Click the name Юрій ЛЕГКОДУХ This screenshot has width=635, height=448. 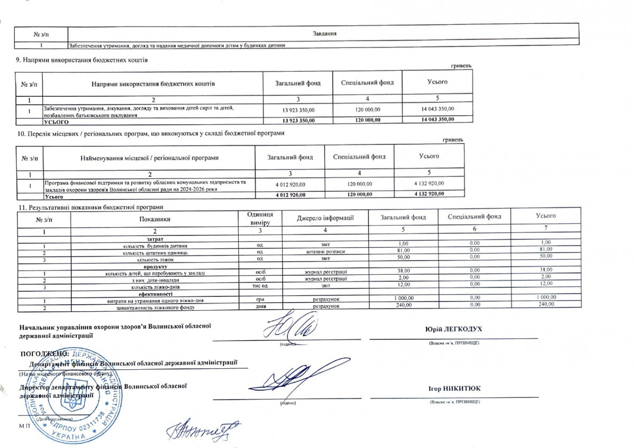click(x=453, y=329)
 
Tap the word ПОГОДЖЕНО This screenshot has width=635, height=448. click(x=44, y=352)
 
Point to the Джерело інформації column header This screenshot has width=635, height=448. click(x=325, y=218)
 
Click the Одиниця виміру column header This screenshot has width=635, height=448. click(x=260, y=218)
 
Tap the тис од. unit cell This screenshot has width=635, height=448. click(x=260, y=286)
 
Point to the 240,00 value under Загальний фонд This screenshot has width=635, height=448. click(x=404, y=306)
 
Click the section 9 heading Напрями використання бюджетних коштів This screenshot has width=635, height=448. click(x=83, y=60)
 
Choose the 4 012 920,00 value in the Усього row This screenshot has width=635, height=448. click(x=291, y=194)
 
